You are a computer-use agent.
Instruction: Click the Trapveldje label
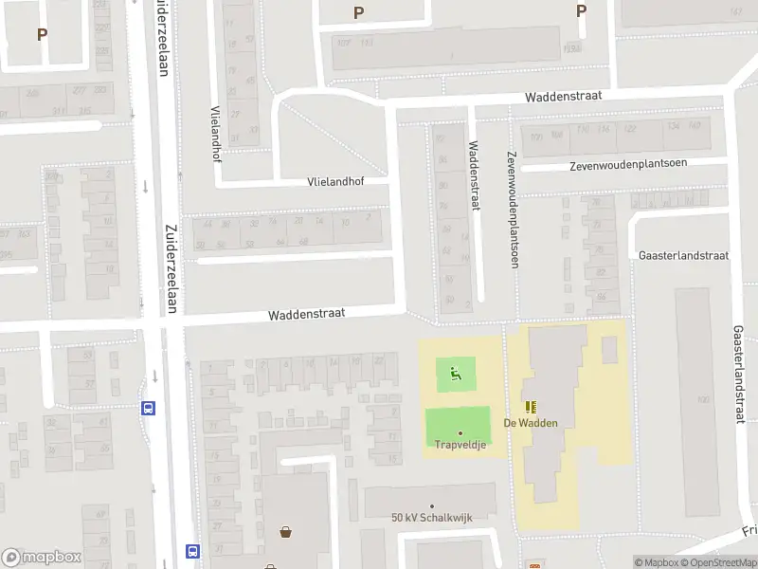(460, 445)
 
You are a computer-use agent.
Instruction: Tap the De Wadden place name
(531, 423)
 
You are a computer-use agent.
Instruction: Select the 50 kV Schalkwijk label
(431, 518)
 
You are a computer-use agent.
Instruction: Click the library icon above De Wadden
(530, 406)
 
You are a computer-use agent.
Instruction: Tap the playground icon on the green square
(457, 374)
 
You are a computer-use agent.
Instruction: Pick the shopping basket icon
(285, 532)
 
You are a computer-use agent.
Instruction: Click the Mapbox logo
(41, 558)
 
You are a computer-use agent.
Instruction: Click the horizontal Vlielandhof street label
(334, 181)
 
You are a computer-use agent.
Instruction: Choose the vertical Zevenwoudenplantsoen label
(512, 210)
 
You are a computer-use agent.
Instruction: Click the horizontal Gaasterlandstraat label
(683, 256)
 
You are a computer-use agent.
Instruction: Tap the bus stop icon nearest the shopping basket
(192, 550)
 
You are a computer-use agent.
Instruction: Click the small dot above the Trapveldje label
(460, 433)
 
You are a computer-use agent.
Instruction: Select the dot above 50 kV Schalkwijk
(432, 506)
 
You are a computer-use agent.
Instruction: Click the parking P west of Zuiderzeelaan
(42, 34)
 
